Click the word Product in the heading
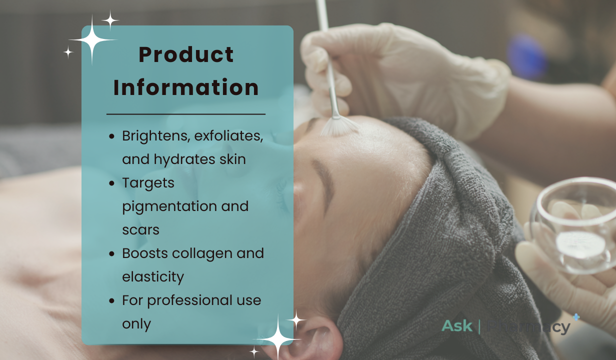186,54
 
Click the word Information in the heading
186,87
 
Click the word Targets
148,183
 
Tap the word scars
140,230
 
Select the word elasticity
153,277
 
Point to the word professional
190,300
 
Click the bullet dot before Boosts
111,253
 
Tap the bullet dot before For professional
111,300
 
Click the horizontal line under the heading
186,114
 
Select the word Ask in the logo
457,326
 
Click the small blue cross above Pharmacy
576,317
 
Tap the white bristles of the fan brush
339,127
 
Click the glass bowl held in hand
575,225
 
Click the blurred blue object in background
526,57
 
